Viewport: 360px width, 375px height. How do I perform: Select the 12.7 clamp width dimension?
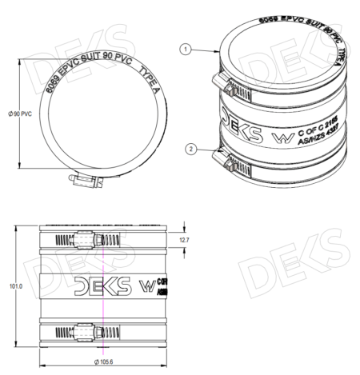click(183, 240)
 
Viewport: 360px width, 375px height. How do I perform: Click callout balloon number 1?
click(184, 50)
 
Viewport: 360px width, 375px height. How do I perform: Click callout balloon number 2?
click(190, 148)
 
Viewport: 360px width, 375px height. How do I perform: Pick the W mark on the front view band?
click(147, 285)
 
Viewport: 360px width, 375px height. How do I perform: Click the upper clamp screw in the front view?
click(82, 240)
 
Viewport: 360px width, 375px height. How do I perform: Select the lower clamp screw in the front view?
click(82, 329)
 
